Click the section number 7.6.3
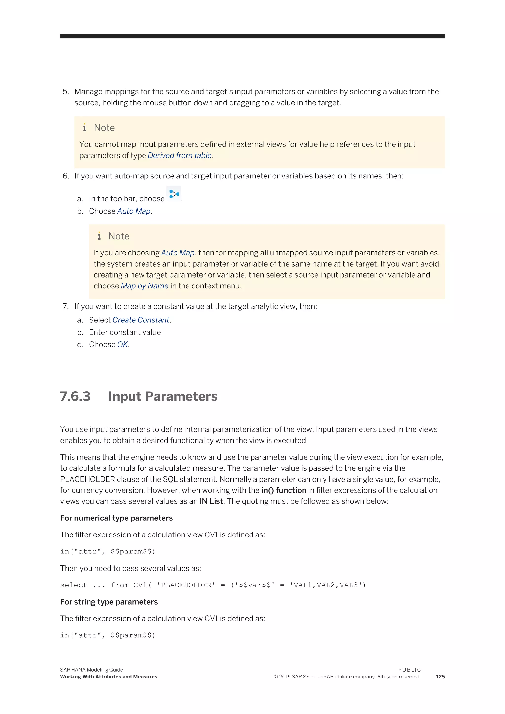pos(75,396)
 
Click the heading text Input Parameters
pos(163,396)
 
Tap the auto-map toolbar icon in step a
pos(174,194)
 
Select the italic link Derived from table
pos(180,156)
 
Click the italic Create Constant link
pos(141,320)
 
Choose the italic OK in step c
pos(122,345)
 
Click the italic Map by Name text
pos(144,286)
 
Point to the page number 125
pos(440,677)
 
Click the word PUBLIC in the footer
pos(409,670)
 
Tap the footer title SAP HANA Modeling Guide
pos(91,670)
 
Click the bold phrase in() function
pos(284,490)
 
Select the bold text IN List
pos(211,501)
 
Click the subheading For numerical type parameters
pos(116,518)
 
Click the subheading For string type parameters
pos(109,602)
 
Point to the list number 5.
pos(65,92)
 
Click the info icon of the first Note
pos(85,127)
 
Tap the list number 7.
pos(65,307)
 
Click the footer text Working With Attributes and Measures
pos(108,677)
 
